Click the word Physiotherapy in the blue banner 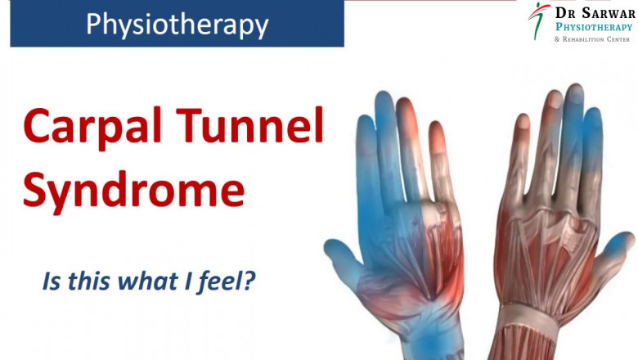pos(177,25)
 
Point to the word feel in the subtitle pos(219,282)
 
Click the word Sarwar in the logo pos(605,12)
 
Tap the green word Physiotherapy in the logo pos(594,27)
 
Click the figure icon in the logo pos(537,20)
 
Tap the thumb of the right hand pos(615,250)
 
